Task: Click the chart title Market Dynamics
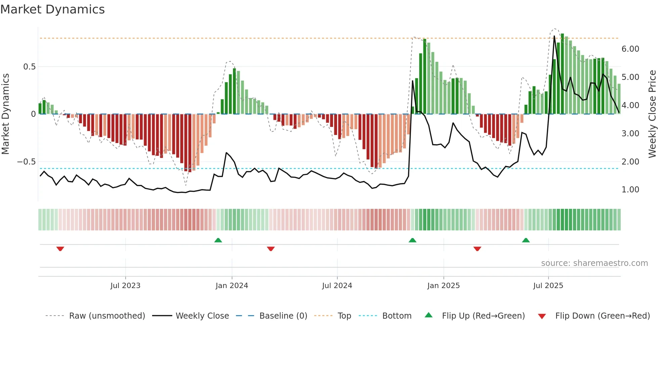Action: pyautogui.click(x=53, y=9)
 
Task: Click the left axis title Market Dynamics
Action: pyautogui.click(x=6, y=114)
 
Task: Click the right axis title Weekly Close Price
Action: pyautogui.click(x=652, y=114)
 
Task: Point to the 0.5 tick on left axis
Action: pyautogui.click(x=29, y=67)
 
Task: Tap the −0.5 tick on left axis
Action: pyautogui.click(x=27, y=162)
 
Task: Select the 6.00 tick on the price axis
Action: pyautogui.click(x=630, y=49)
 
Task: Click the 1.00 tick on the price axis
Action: pyautogui.click(x=630, y=190)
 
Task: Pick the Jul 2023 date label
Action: pyautogui.click(x=125, y=286)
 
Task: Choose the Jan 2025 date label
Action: pyautogui.click(x=443, y=286)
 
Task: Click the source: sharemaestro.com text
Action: pyautogui.click(x=594, y=263)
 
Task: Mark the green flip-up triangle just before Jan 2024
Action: pyautogui.click(x=218, y=240)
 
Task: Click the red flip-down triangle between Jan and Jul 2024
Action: pyautogui.click(x=271, y=249)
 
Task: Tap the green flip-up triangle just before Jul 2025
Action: pyautogui.click(x=526, y=240)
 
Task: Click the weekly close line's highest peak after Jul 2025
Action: pyautogui.click(x=554, y=36)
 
